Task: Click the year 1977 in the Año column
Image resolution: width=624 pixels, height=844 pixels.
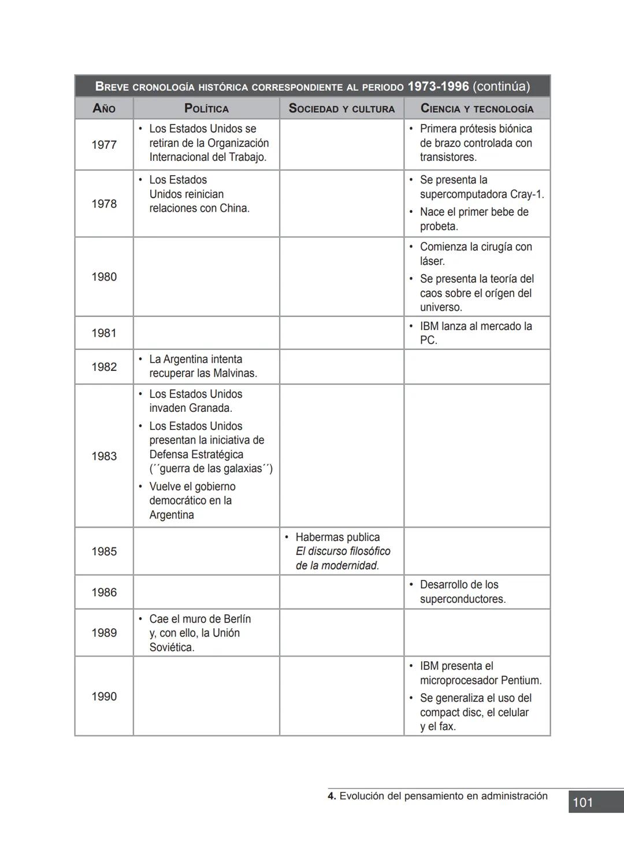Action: pyautogui.click(x=104, y=145)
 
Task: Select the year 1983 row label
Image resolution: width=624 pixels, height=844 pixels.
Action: pyautogui.click(x=104, y=456)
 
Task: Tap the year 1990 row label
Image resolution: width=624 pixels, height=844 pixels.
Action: pyautogui.click(x=104, y=696)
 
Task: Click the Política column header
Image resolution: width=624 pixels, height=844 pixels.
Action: pyautogui.click(x=206, y=108)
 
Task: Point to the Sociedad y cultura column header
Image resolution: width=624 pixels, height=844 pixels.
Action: pyautogui.click(x=341, y=108)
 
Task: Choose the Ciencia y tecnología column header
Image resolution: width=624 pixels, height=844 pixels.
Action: pyautogui.click(x=477, y=108)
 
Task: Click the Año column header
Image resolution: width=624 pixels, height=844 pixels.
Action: pyautogui.click(x=104, y=108)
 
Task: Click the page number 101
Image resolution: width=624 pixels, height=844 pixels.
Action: pyautogui.click(x=582, y=802)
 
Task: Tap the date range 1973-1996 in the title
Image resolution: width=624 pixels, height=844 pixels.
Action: pyautogui.click(x=438, y=87)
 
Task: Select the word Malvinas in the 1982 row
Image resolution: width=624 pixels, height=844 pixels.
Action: pyautogui.click(x=235, y=373)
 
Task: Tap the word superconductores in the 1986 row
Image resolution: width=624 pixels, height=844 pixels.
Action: pyautogui.click(x=462, y=599)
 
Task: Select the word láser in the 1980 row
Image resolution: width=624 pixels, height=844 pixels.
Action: pyautogui.click(x=432, y=261)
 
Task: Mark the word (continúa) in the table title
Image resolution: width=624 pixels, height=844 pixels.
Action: pyautogui.click(x=501, y=87)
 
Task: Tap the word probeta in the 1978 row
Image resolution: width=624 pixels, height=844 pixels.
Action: pyautogui.click(x=438, y=226)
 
